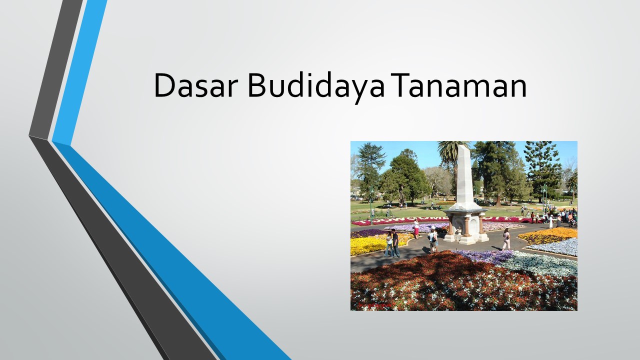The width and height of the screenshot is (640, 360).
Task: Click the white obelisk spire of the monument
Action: click(x=464, y=175)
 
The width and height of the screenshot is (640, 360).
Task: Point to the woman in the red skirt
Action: click(x=416, y=228)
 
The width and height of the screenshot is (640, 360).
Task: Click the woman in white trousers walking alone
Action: click(x=506, y=239)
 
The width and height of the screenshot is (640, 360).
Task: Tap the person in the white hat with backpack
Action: click(x=433, y=240)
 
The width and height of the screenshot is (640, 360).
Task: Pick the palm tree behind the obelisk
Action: click(x=451, y=152)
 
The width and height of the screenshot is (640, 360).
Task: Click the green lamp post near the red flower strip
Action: click(x=370, y=205)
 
